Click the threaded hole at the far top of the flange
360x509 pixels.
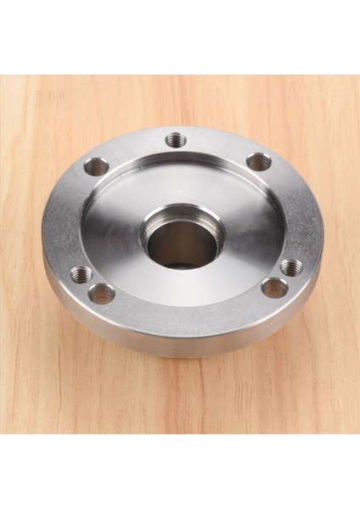pos(176,140)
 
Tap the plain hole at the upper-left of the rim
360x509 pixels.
pos(97,166)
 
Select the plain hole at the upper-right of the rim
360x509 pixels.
pos(258,161)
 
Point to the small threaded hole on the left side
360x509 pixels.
pos(82,273)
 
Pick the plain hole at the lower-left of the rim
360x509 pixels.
pos(102,294)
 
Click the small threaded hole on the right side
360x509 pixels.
pos(291,267)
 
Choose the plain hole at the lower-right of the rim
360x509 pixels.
pos(273,288)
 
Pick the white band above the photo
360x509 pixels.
pos(180,37)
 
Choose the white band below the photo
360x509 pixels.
pos(180,472)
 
